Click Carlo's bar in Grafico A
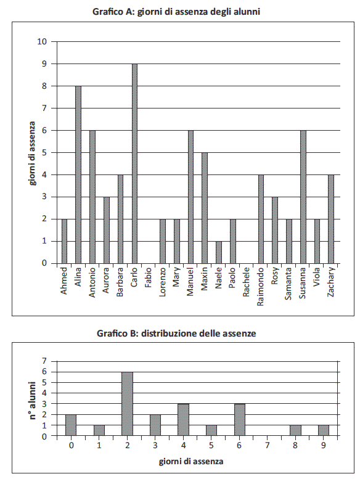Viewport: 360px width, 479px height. click(x=134, y=163)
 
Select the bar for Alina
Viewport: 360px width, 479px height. click(x=78, y=174)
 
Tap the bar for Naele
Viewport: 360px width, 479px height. click(x=219, y=252)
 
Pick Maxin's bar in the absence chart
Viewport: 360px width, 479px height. click(x=205, y=208)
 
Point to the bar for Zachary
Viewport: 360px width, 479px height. click(x=331, y=219)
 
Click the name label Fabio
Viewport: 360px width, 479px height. click(x=149, y=277)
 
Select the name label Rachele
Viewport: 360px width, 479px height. click(x=247, y=282)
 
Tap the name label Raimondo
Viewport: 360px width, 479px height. click(x=261, y=287)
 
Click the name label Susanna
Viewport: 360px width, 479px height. click(x=303, y=283)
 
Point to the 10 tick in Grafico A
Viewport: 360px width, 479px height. click(x=42, y=41)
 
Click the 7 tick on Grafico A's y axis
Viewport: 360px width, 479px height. click(x=44, y=108)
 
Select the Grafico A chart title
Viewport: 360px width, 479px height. click(x=176, y=12)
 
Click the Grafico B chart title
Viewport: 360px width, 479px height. click(x=176, y=333)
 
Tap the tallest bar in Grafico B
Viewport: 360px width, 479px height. click(x=128, y=404)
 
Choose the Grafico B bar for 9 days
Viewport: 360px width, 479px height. click(x=324, y=430)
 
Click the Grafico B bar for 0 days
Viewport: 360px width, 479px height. click(x=71, y=425)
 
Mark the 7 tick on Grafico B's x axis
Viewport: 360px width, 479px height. click(x=267, y=445)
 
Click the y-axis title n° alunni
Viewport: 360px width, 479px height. click(x=33, y=400)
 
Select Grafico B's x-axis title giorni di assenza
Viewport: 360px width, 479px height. click(x=191, y=461)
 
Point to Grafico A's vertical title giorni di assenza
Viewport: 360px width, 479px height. click(x=33, y=154)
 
